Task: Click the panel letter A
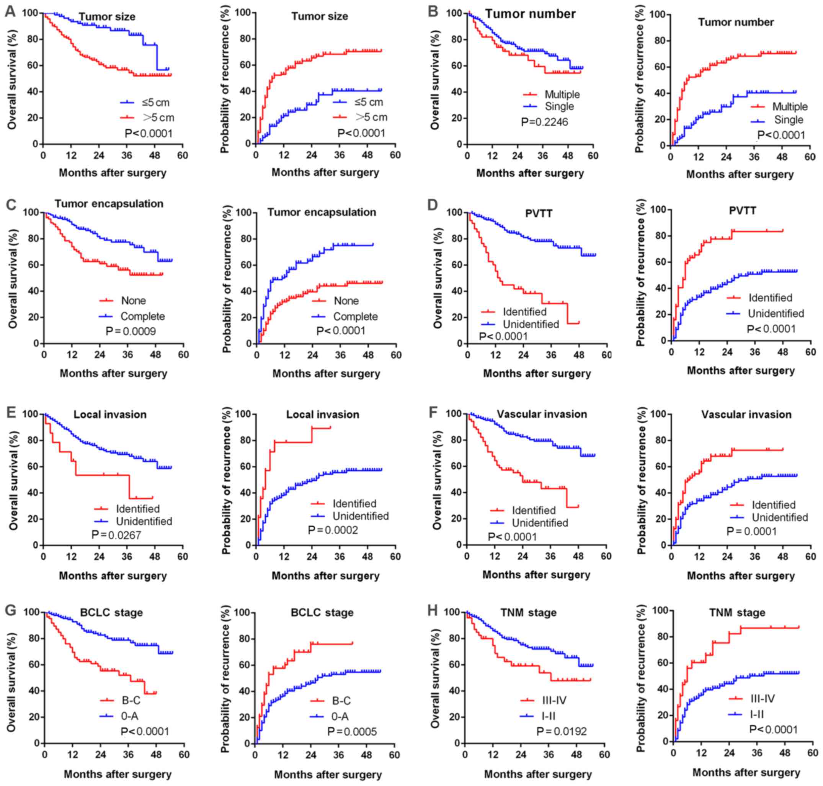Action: pos(10,11)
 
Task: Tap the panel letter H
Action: pos(433,611)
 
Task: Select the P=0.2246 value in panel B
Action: pos(544,122)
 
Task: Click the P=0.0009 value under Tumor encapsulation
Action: pos(131,331)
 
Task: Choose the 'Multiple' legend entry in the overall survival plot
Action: pos(562,94)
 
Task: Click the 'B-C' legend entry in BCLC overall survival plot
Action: pos(131,700)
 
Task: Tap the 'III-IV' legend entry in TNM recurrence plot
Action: pos(762,698)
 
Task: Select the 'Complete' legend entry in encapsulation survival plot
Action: pos(142,316)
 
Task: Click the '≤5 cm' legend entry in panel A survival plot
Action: pos(155,103)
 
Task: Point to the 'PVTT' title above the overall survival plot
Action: pos(539,213)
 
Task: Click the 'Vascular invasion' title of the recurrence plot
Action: pos(746,414)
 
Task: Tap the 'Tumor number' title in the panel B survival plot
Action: pos(530,14)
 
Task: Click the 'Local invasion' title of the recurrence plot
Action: pos(323,414)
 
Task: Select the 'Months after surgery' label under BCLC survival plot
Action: pos(118,774)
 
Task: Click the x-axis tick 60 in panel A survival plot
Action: pos(182,155)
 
